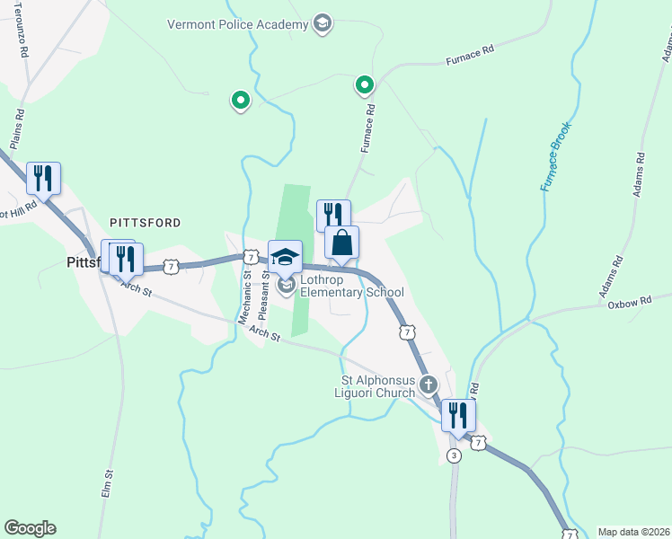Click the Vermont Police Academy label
[x=237, y=24]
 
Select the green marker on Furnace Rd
[x=364, y=85]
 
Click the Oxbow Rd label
[x=627, y=304]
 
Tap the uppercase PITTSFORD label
[x=145, y=222]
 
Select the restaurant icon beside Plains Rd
[x=43, y=178]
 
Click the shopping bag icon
[x=341, y=243]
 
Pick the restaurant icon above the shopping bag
[x=332, y=214]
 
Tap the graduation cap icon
[x=285, y=256]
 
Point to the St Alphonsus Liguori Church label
[x=372, y=386]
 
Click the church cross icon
[x=429, y=385]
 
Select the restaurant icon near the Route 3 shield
[x=458, y=415]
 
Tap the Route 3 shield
[x=454, y=456]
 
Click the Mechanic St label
[x=244, y=297]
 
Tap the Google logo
[x=30, y=528]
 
